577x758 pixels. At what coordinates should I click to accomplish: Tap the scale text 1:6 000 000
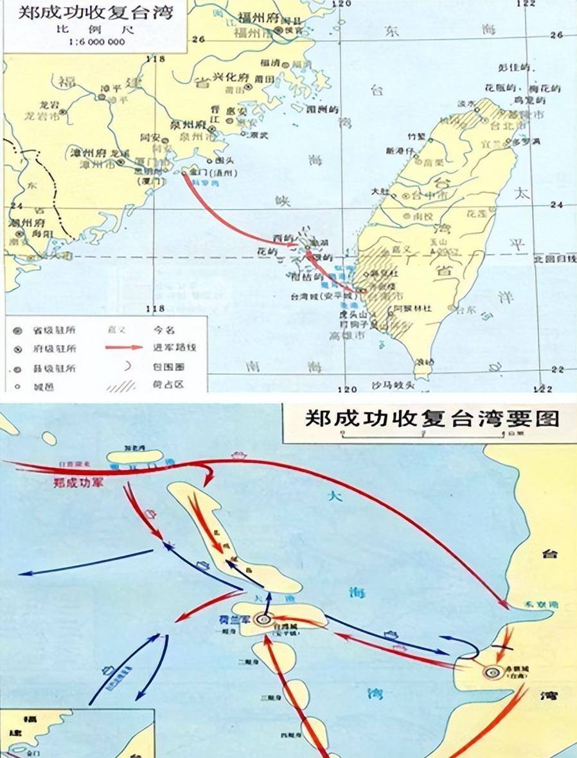pos(95,43)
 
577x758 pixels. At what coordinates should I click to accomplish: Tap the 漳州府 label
pos(88,153)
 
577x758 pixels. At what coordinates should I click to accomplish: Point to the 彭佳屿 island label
pos(517,68)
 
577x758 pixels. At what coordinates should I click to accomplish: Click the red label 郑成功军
pos(80,481)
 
